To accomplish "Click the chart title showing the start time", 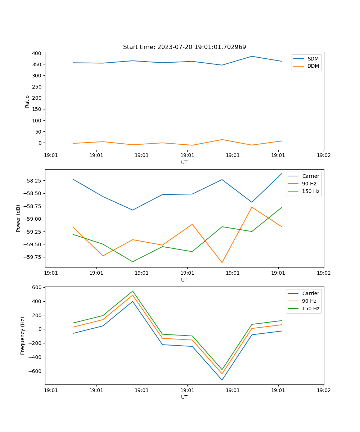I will tap(184, 47).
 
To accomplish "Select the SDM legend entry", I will tap(313, 59).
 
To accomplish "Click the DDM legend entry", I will tap(313, 66).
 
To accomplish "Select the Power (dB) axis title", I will tap(18, 218).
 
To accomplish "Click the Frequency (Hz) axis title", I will tap(23, 336).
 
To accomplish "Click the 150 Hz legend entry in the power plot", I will tap(311, 191).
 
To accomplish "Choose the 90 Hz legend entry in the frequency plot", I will tap(309, 301).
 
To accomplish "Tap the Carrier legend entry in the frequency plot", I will tap(310, 293).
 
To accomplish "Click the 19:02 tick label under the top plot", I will tap(324, 156).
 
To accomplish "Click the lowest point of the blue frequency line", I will tap(222, 380).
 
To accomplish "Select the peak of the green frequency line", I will tap(132, 291).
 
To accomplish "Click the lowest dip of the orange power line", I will tap(222, 262).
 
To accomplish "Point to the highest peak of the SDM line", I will tap(252, 56).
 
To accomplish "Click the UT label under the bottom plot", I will tap(184, 397).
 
